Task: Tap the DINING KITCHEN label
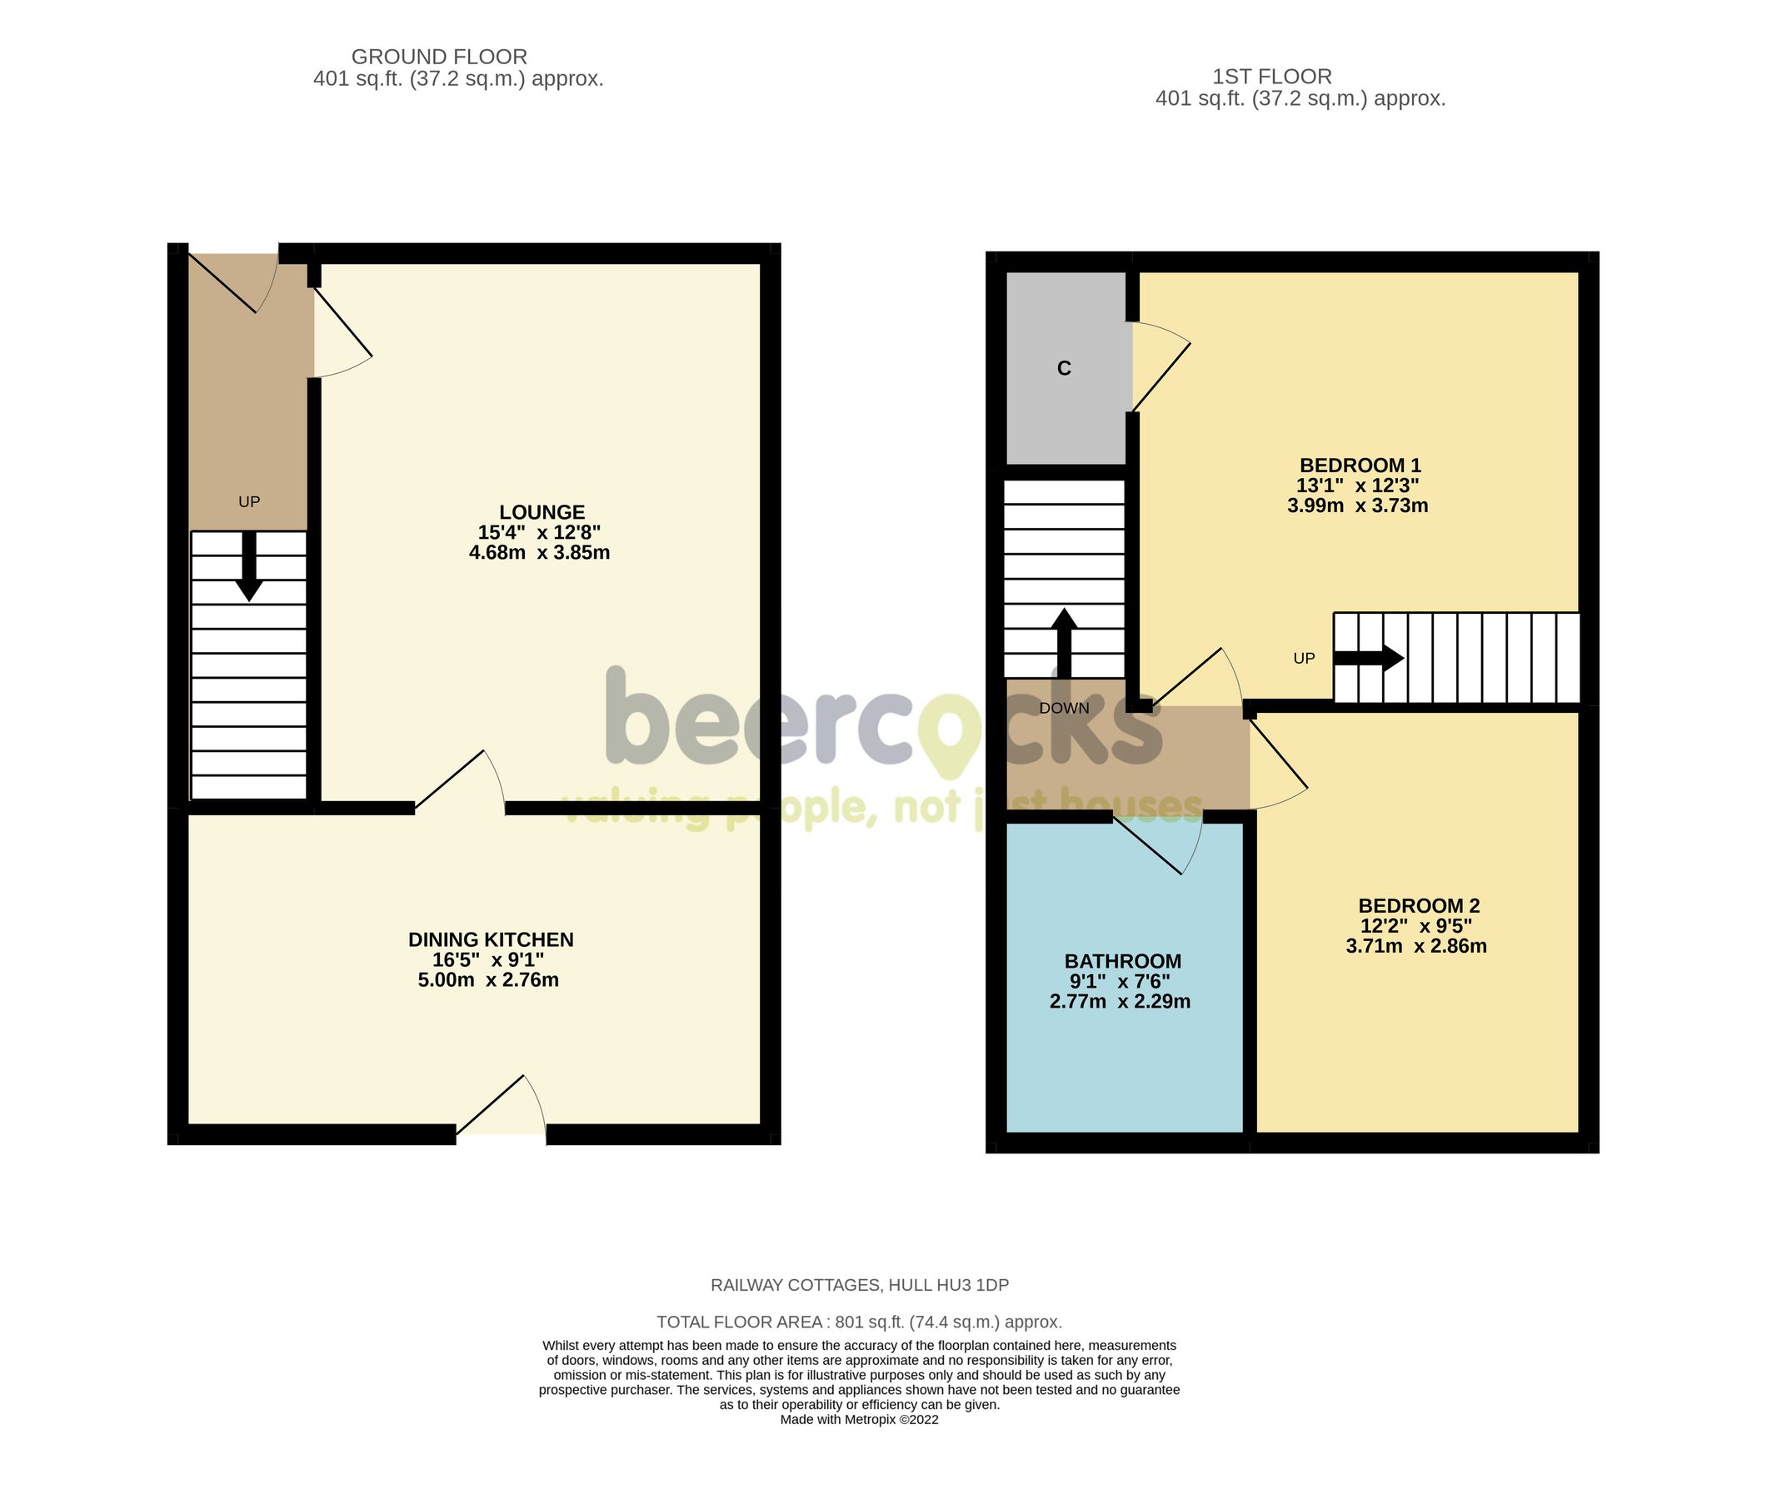point(491,940)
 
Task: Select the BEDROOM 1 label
point(1359,466)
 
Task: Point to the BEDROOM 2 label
point(1418,906)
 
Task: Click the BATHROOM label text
point(1122,961)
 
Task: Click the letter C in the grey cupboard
point(1063,369)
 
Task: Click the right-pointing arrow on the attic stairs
point(1369,658)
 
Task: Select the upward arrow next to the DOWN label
point(1063,641)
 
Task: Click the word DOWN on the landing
point(1063,709)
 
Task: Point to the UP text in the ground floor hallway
point(249,502)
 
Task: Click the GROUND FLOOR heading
point(438,57)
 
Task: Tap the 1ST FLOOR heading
point(1271,77)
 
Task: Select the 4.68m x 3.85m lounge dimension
point(539,553)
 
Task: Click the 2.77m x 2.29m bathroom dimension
point(1120,1002)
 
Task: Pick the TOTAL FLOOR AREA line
point(858,1322)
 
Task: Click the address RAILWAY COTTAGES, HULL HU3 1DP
point(859,1286)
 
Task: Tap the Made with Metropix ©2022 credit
point(858,1420)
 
